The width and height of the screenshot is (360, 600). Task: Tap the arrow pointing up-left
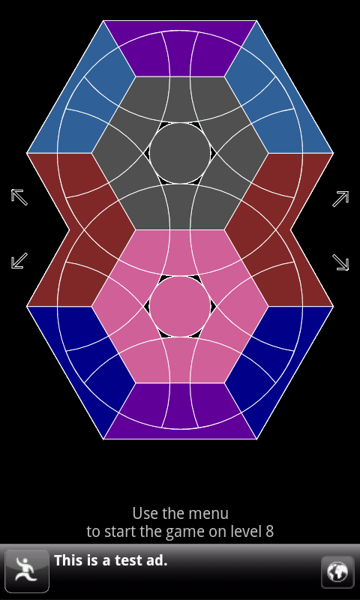pos(19,197)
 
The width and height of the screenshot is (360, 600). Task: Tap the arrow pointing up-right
pos(340,199)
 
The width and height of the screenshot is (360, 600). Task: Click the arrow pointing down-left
pos(19,260)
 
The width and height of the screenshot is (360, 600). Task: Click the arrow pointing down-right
pos(340,262)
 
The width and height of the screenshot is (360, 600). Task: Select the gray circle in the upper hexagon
pos(180,153)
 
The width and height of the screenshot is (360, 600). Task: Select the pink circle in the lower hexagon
pos(180,306)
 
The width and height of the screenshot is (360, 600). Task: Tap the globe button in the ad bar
pos(337,572)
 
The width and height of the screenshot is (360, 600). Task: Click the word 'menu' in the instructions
pos(211,514)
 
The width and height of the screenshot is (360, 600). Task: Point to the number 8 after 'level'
pos(270,532)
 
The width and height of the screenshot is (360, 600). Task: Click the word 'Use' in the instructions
pos(141,514)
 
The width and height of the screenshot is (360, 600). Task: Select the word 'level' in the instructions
pos(247,532)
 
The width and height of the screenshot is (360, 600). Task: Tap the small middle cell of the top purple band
pos(180,53)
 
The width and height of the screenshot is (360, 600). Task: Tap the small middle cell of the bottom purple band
pos(180,405)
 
